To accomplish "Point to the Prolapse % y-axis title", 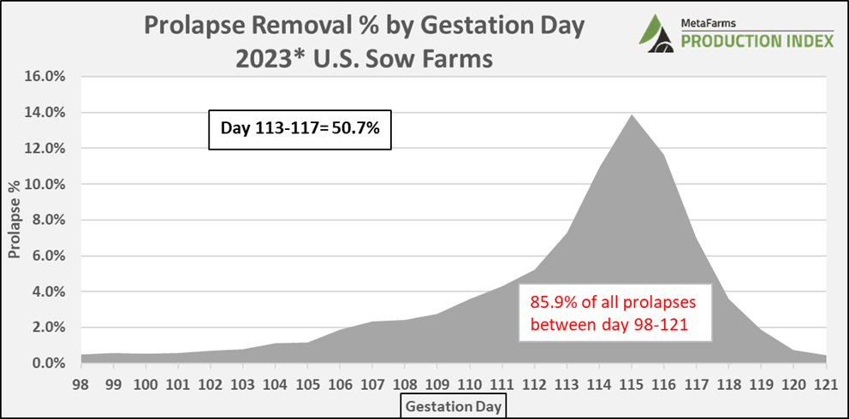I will point(15,221).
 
